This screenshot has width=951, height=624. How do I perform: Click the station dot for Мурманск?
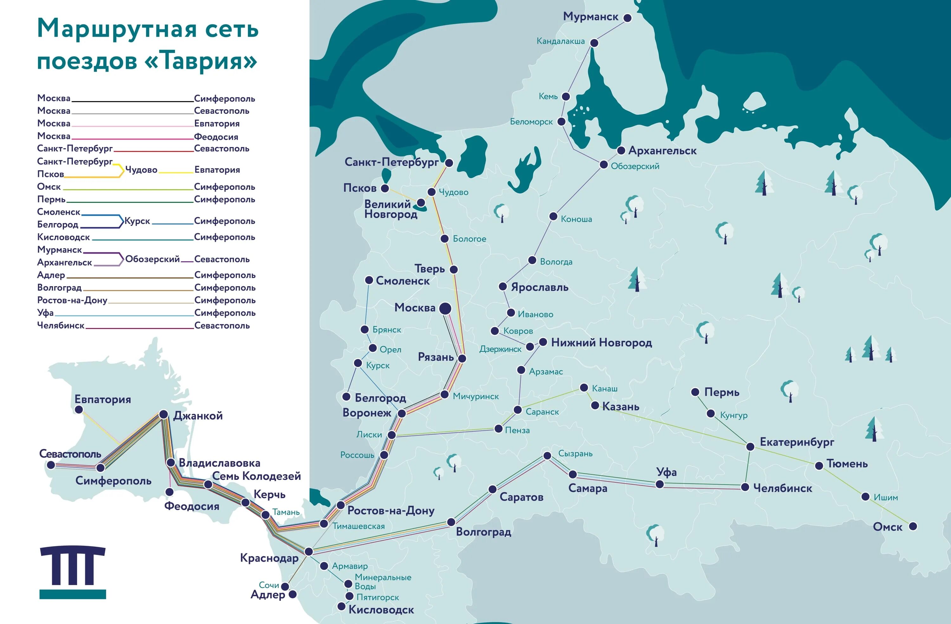(x=627, y=18)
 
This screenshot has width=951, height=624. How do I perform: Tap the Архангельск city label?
(x=662, y=151)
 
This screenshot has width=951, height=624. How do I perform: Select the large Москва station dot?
(x=445, y=308)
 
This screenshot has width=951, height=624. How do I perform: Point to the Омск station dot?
(x=913, y=526)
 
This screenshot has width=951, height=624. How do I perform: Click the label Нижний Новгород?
(x=601, y=343)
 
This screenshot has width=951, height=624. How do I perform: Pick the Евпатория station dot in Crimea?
(x=79, y=409)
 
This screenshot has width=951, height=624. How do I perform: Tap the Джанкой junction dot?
(x=164, y=414)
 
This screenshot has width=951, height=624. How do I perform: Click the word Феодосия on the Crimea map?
(x=192, y=506)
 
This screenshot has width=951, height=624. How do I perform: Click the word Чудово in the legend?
(x=141, y=170)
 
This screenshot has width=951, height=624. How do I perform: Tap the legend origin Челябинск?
(x=61, y=325)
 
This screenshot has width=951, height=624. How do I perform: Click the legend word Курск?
(x=137, y=221)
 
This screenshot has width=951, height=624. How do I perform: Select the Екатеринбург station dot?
(x=750, y=447)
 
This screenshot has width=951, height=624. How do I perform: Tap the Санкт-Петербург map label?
(x=391, y=162)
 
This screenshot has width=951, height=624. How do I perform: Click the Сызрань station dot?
(x=547, y=455)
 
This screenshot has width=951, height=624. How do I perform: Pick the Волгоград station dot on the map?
(x=451, y=522)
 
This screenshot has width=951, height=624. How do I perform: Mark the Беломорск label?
(x=531, y=122)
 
